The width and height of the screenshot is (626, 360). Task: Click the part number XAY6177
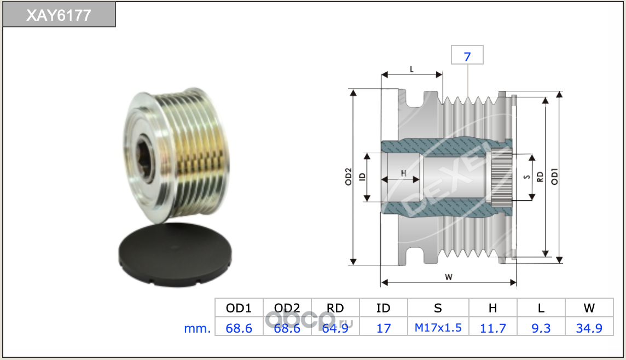click(59, 15)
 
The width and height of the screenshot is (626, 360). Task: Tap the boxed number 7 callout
click(467, 55)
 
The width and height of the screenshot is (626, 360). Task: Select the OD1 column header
click(239, 308)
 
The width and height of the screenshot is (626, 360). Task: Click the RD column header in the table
click(335, 308)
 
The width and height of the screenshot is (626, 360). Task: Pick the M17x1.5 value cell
click(438, 328)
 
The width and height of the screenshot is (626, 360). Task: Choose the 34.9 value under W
click(589, 328)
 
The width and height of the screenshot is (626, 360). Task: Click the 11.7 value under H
click(492, 328)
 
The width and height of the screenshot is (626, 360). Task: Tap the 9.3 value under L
click(541, 328)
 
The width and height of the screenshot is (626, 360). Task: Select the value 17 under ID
click(383, 328)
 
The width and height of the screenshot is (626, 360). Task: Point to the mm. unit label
click(197, 328)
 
